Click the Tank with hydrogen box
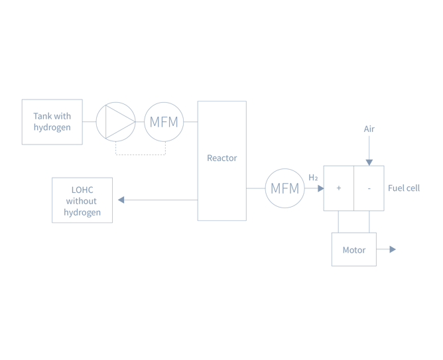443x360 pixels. click(52, 122)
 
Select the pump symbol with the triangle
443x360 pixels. click(115, 121)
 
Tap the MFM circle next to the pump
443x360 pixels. click(164, 121)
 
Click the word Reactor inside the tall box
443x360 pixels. click(221, 158)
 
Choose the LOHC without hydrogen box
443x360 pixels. click(82, 200)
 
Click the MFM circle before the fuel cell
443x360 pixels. click(285, 188)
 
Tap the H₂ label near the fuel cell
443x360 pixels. click(313, 177)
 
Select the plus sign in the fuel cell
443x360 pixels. click(338, 188)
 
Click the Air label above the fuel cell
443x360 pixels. click(369, 129)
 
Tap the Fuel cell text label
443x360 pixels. click(404, 188)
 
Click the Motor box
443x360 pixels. click(353, 250)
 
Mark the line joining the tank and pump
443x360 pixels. click(89, 121)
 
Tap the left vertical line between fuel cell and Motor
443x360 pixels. click(338, 221)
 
